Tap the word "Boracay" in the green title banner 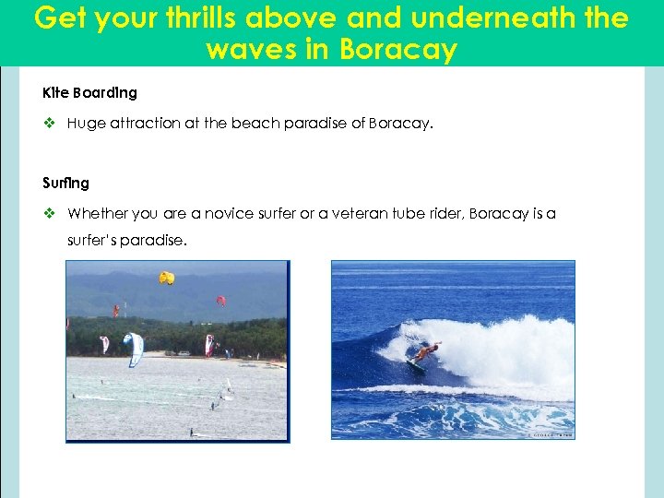[x=398, y=49]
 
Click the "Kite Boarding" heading [x=89, y=93]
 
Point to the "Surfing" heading [x=65, y=183]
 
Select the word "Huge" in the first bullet [x=87, y=124]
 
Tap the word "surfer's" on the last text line [x=95, y=241]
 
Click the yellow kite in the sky [x=166, y=277]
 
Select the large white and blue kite [x=135, y=348]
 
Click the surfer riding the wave [x=426, y=351]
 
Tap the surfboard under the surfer [x=417, y=366]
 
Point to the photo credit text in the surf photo [x=551, y=434]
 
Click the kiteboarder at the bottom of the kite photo [x=191, y=432]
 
